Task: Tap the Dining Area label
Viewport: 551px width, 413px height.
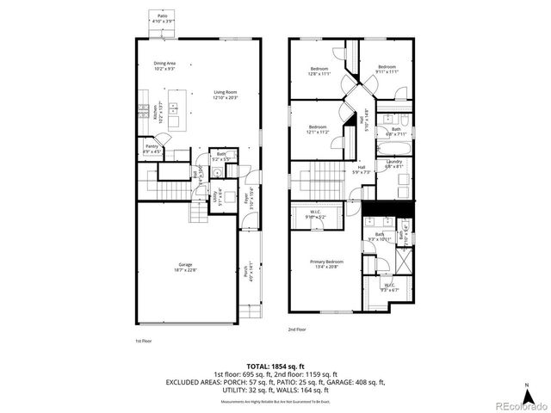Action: tap(165, 65)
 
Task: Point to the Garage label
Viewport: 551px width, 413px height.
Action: tap(185, 266)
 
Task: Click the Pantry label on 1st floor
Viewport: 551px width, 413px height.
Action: tap(152, 149)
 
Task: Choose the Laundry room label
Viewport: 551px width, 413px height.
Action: tap(395, 164)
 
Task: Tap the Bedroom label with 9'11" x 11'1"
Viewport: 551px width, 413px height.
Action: tap(387, 70)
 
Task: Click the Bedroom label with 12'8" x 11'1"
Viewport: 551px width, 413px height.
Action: tap(319, 71)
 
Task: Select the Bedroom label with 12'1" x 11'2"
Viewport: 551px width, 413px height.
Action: tap(318, 129)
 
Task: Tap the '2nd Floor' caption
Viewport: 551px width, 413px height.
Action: tap(298, 330)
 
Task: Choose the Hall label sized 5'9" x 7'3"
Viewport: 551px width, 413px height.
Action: tap(362, 170)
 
